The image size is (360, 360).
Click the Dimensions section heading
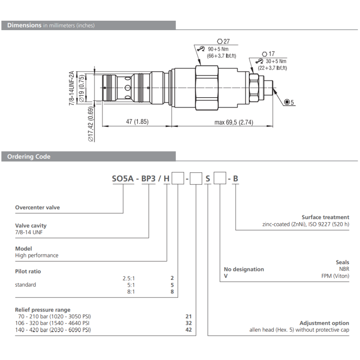click(x=24, y=25)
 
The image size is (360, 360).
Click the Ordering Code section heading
click(x=28, y=157)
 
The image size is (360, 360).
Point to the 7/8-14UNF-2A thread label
click(x=72, y=88)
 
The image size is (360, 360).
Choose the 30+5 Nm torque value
click(x=275, y=61)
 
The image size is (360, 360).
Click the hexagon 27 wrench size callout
click(x=223, y=40)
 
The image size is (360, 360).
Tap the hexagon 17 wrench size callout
click(x=268, y=53)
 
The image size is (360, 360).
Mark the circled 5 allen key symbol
click(x=289, y=103)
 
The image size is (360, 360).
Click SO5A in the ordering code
click(x=122, y=179)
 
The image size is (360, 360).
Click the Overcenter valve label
click(x=37, y=207)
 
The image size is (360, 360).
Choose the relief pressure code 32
click(x=189, y=323)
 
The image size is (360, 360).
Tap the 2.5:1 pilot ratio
click(x=129, y=278)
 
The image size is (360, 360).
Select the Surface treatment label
click(x=325, y=217)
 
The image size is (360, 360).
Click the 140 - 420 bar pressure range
click(x=53, y=330)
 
